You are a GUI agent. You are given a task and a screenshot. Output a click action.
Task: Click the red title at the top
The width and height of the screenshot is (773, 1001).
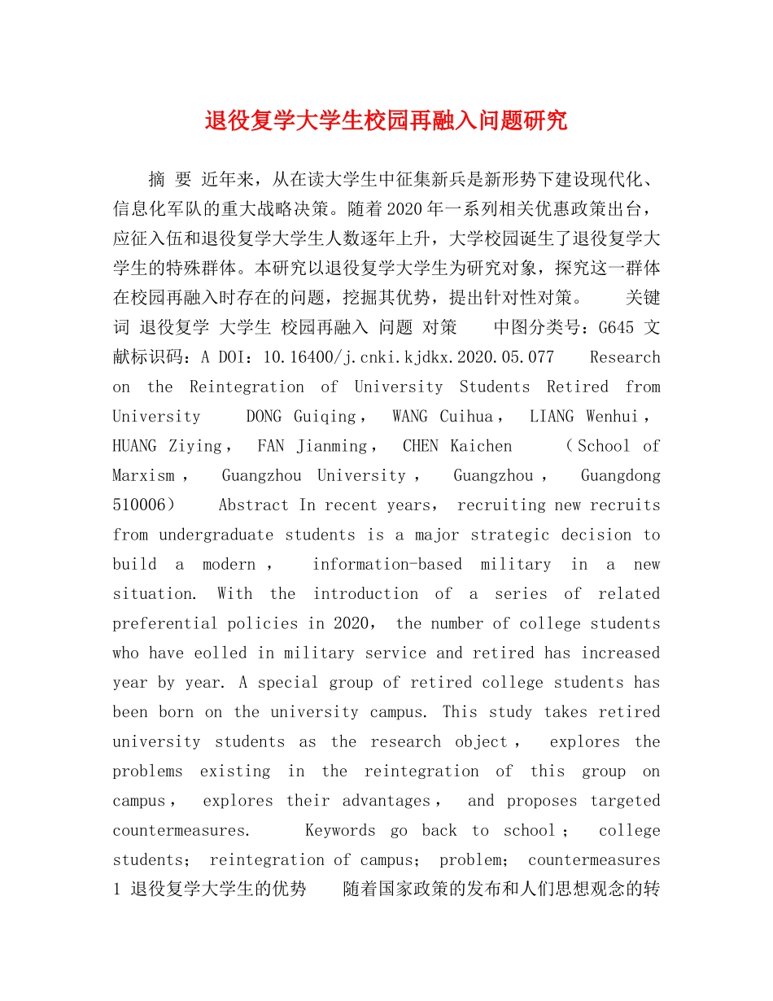click(386, 121)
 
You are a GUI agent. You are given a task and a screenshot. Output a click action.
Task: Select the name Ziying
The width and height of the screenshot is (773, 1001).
click(195, 446)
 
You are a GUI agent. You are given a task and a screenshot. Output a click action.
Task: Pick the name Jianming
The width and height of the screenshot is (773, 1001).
click(331, 446)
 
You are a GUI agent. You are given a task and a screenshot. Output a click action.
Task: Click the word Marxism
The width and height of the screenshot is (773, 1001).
click(143, 475)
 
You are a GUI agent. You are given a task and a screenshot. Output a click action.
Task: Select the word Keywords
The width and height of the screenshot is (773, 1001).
click(340, 831)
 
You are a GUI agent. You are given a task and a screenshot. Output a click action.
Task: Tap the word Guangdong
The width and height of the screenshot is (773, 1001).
click(620, 475)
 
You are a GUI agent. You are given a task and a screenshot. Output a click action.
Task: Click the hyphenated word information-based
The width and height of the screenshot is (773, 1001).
click(386, 565)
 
